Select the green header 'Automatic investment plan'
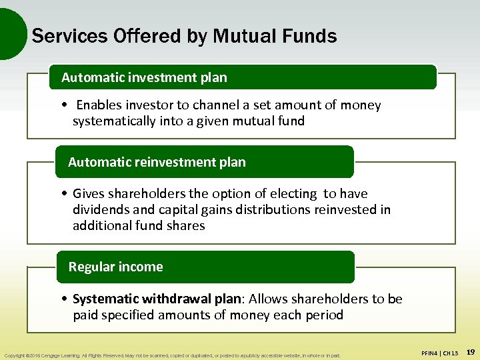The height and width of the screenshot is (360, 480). coord(144,77)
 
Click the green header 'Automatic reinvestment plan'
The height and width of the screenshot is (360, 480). coord(157,162)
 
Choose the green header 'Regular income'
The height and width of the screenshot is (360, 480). coord(115,267)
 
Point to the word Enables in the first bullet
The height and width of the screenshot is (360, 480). coord(100,105)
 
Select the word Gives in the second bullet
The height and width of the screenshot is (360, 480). coord(89,194)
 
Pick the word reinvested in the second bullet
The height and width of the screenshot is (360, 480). coord(344,210)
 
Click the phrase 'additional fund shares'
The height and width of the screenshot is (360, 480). coord(139,226)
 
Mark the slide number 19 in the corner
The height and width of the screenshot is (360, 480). coord(470,351)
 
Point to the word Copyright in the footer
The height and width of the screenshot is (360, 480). coord(15,355)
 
